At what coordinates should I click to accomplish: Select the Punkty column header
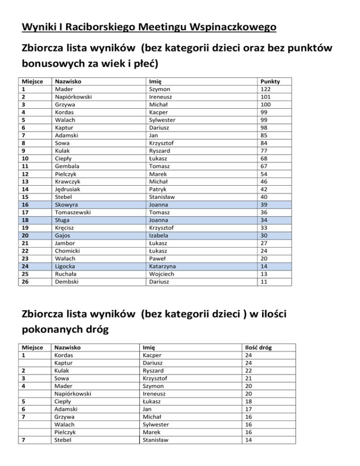click(270, 81)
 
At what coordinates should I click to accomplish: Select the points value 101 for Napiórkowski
click(265, 96)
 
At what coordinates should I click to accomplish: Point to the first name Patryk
click(159, 190)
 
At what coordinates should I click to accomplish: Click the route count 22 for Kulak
click(249, 370)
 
